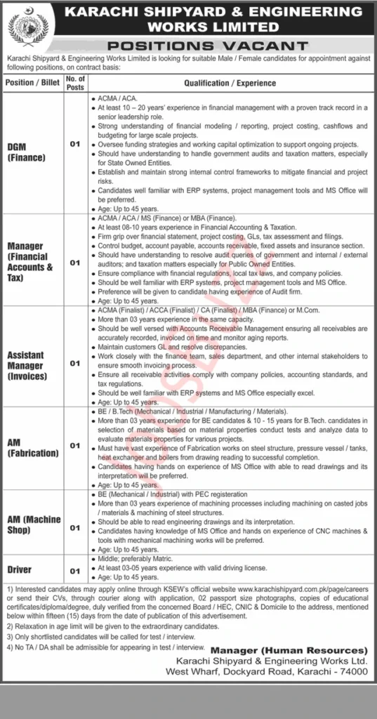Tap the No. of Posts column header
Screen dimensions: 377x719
point(74,82)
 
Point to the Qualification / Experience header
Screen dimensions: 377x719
point(230,82)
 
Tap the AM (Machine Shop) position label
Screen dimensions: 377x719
point(33,524)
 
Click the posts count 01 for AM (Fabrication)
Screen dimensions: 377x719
point(74,445)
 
